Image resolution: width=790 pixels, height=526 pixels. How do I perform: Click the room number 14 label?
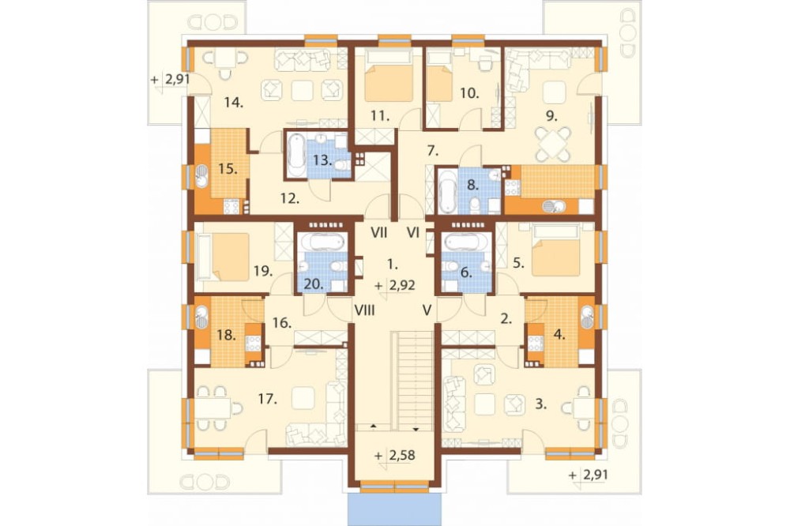click(235, 103)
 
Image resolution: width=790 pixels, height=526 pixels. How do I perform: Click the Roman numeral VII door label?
click(379, 233)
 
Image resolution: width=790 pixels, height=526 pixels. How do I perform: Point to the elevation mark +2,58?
click(396, 456)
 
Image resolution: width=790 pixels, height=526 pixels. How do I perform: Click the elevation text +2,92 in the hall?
click(396, 286)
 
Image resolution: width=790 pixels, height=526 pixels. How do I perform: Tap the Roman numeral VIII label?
click(364, 310)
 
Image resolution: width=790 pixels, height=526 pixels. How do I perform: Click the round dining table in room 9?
click(552, 144)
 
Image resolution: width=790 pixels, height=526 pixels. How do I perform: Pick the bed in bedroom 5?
click(554, 251)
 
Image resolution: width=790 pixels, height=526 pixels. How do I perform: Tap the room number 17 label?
click(268, 400)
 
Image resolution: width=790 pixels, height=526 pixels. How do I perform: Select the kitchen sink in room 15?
click(202, 176)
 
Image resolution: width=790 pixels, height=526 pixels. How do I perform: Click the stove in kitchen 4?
click(535, 343)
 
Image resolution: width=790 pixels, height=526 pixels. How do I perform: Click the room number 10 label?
click(469, 93)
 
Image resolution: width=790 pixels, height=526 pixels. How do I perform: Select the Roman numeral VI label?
click(413, 233)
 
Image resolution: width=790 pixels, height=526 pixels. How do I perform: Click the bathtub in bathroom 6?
click(466, 242)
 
